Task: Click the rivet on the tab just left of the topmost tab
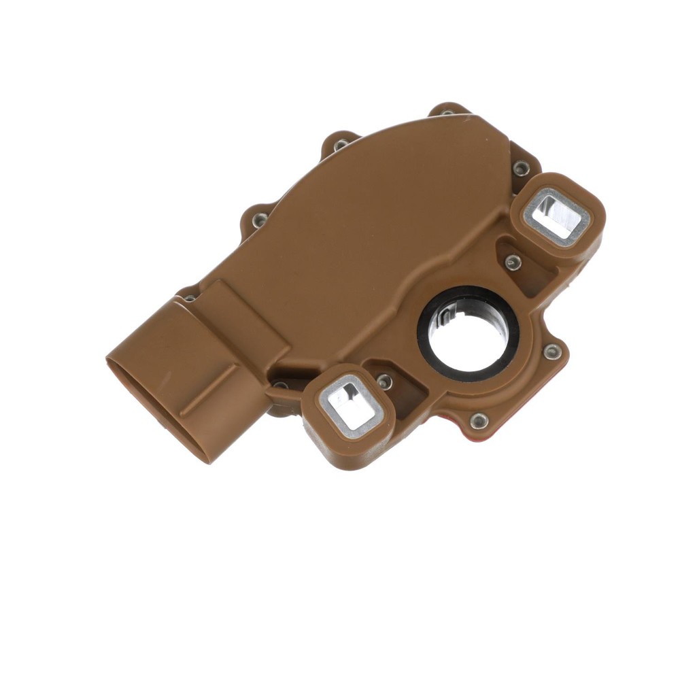340,144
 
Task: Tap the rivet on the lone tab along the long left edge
260,220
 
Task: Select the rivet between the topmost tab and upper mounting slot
521,167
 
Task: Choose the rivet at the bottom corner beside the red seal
479,421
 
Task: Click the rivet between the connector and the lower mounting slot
281,387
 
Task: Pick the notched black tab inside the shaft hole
445,315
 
